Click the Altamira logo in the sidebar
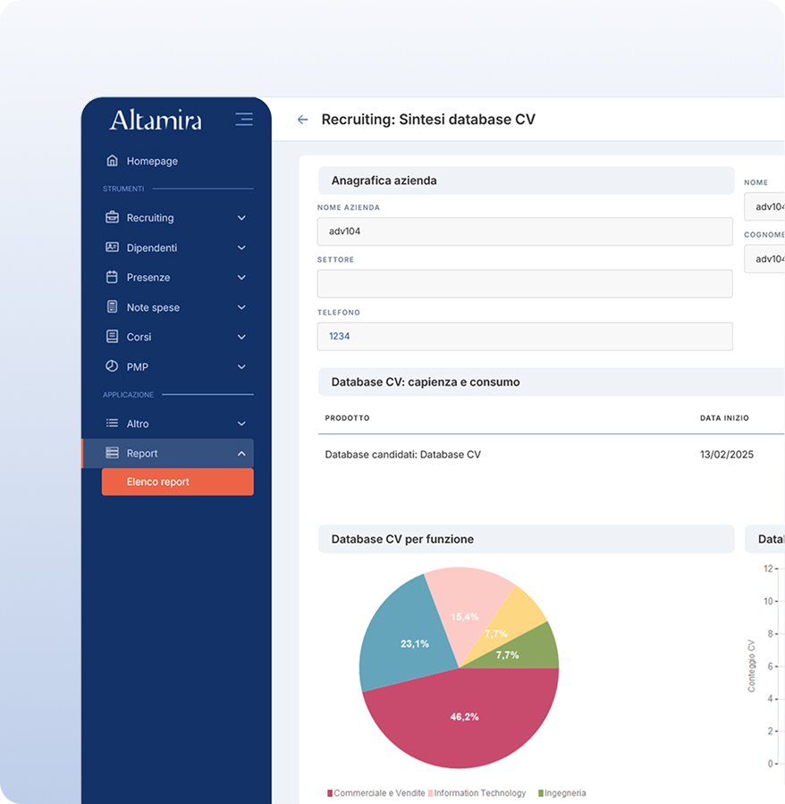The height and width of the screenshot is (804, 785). tap(156, 120)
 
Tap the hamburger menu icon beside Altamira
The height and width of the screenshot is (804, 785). tap(243, 119)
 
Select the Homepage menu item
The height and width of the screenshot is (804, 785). tap(152, 161)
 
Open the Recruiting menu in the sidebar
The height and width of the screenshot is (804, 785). tap(150, 218)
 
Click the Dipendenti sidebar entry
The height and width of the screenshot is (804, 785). tap(152, 247)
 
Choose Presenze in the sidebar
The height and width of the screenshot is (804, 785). tap(148, 278)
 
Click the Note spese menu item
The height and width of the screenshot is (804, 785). tap(153, 307)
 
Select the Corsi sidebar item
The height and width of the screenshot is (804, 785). tap(139, 337)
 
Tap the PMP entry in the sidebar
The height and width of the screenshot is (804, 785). tap(138, 367)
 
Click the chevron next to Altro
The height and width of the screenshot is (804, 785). tap(241, 423)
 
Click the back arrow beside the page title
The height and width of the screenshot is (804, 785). tap(302, 120)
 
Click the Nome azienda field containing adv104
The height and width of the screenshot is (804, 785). tap(525, 231)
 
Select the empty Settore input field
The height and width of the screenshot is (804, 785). tap(525, 284)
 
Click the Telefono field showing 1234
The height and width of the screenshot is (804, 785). tap(525, 337)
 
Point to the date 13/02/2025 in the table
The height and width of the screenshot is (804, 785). tap(726, 455)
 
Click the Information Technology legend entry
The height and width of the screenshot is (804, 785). tap(478, 793)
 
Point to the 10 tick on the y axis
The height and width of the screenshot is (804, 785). tap(767, 601)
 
